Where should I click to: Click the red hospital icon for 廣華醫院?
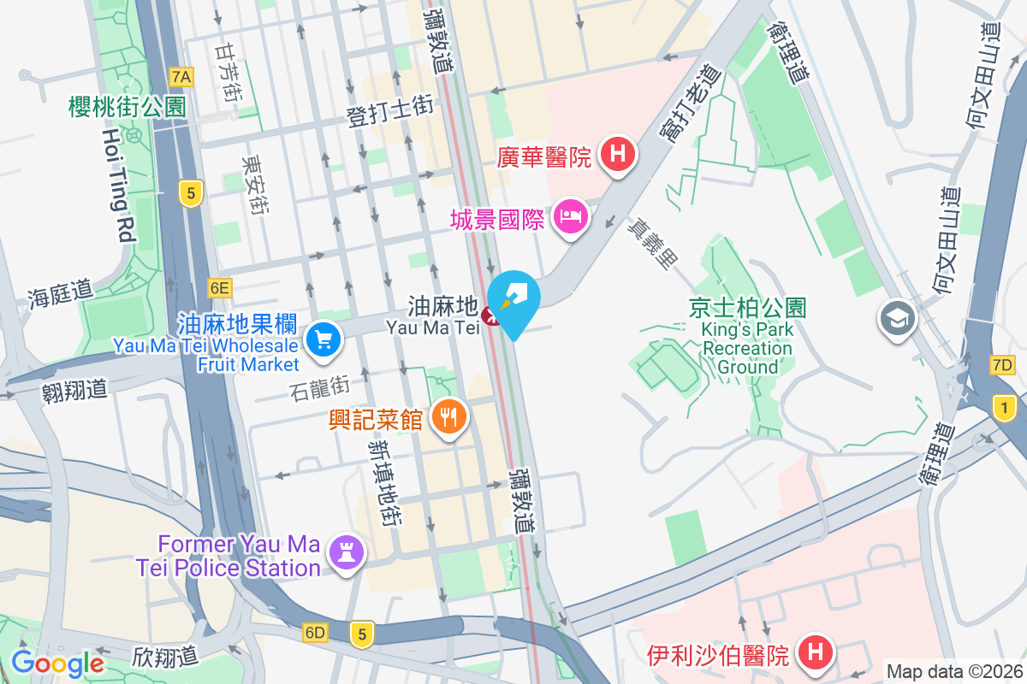tap(618, 155)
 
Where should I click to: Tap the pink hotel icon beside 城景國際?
tap(570, 216)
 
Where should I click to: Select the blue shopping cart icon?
tap(324, 341)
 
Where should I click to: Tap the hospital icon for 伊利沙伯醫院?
tap(815, 654)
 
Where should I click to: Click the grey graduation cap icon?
tap(897, 319)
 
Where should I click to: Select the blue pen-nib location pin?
tap(514, 299)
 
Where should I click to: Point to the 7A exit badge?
tap(181, 77)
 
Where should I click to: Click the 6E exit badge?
tap(218, 288)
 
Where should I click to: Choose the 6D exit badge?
tap(315, 633)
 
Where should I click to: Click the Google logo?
tap(57, 663)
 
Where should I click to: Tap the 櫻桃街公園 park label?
tap(128, 107)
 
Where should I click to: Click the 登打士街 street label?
tap(390, 112)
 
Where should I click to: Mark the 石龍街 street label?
tap(321, 389)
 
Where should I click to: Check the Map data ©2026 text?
tap(953, 671)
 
